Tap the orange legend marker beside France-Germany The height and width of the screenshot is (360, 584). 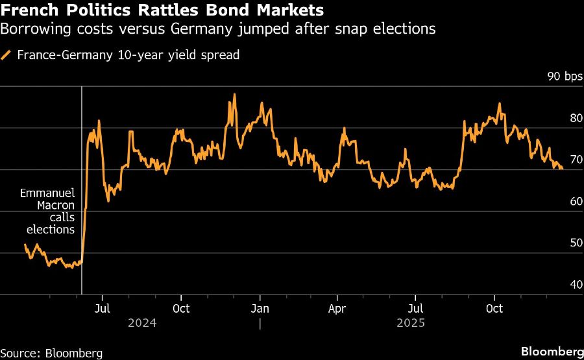(6, 55)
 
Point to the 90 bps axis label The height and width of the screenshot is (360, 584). (565, 77)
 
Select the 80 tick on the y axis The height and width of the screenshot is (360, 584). (575, 119)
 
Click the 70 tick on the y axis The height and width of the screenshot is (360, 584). (575, 160)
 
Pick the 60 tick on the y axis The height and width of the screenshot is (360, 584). (575, 202)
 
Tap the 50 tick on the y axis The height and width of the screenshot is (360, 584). (575, 243)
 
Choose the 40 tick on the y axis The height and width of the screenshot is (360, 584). (575, 285)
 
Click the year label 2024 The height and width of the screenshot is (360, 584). (142, 322)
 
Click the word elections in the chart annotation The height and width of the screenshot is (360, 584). (51, 229)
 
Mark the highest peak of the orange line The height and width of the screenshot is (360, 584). (234, 95)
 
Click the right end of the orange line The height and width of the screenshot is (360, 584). (562, 169)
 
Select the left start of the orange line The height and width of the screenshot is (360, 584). (25, 245)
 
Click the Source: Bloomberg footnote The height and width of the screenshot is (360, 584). (51, 353)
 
